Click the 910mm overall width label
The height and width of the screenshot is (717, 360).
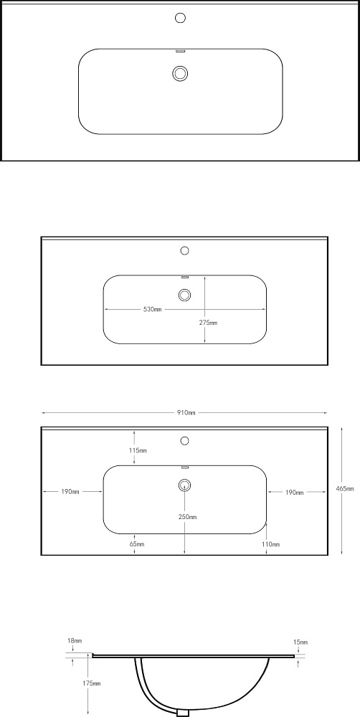[186, 413]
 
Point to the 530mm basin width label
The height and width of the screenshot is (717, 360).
[152, 310]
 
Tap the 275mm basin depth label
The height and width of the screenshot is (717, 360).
[208, 323]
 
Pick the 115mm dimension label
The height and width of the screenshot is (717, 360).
[138, 450]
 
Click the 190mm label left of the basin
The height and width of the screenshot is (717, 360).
[70, 492]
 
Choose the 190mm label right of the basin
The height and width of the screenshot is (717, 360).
[295, 493]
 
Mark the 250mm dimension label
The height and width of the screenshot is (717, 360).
[188, 517]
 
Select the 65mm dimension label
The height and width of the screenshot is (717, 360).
[137, 544]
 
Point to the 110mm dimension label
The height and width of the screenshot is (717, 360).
[271, 544]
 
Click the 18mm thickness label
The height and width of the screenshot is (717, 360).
[74, 641]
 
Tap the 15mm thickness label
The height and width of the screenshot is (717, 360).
[300, 642]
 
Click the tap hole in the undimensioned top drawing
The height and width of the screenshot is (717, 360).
[181, 18]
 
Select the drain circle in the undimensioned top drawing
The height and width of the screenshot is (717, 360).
[181, 73]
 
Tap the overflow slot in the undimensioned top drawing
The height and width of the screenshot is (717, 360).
[180, 50]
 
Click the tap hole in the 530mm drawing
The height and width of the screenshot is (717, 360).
[185, 250]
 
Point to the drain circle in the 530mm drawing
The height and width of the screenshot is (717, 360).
[185, 295]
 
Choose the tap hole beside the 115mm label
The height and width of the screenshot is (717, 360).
[185, 441]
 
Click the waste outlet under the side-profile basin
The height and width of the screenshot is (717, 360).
[184, 713]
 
